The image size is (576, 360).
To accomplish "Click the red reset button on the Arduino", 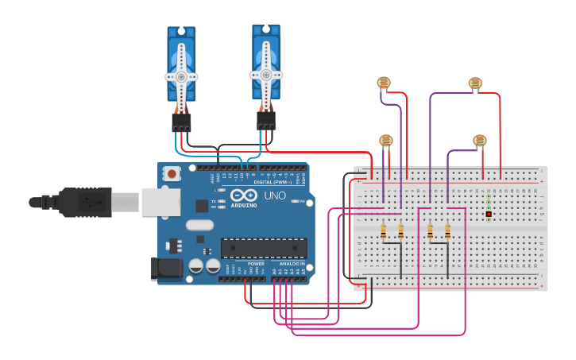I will pyautogui.click(x=172, y=173).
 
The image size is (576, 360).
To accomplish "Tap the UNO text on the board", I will pyautogui.click(x=275, y=195).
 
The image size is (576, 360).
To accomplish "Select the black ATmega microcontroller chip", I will pyautogui.click(x=264, y=248).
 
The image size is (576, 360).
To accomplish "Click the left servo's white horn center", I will pyautogui.click(x=181, y=76).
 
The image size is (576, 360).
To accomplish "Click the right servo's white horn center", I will pyautogui.click(x=266, y=75).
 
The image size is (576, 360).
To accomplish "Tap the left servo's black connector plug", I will pyautogui.click(x=181, y=122).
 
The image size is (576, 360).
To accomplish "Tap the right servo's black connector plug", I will pyautogui.click(x=266, y=120).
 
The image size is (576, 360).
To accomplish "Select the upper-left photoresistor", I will pyautogui.click(x=384, y=83).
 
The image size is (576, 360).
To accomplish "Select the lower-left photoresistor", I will pyautogui.click(x=385, y=141).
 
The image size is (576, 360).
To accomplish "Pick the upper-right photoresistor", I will pyautogui.click(x=475, y=83).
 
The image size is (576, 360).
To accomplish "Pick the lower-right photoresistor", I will pyautogui.click(x=479, y=141).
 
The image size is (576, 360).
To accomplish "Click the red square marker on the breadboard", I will pyautogui.click(x=489, y=215).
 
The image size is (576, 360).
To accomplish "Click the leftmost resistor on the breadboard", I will pyautogui.click(x=384, y=231).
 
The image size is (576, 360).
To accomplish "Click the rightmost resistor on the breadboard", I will pyautogui.click(x=447, y=231).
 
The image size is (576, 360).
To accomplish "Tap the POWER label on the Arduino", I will pyautogui.click(x=256, y=263).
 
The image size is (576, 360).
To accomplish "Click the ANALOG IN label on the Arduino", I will pyautogui.click(x=291, y=263).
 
